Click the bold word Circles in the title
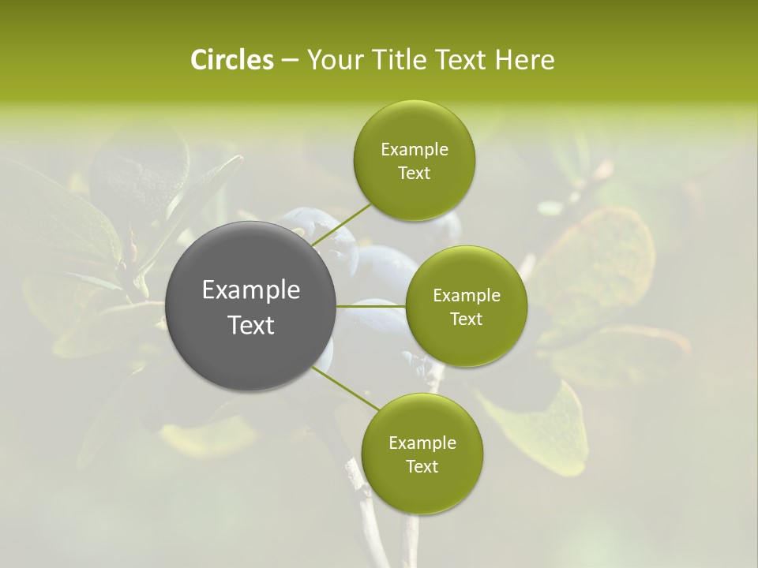[x=231, y=60]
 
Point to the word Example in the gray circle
[x=251, y=290]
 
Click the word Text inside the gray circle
[x=251, y=325]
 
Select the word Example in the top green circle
[x=414, y=150]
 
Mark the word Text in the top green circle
[x=414, y=174]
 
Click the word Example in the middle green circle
[x=467, y=296]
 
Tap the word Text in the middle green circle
[x=467, y=319]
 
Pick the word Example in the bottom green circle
[x=422, y=443]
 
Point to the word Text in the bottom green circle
[x=422, y=467]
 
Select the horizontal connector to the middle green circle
[x=371, y=306]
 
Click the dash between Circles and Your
[x=290, y=60]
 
